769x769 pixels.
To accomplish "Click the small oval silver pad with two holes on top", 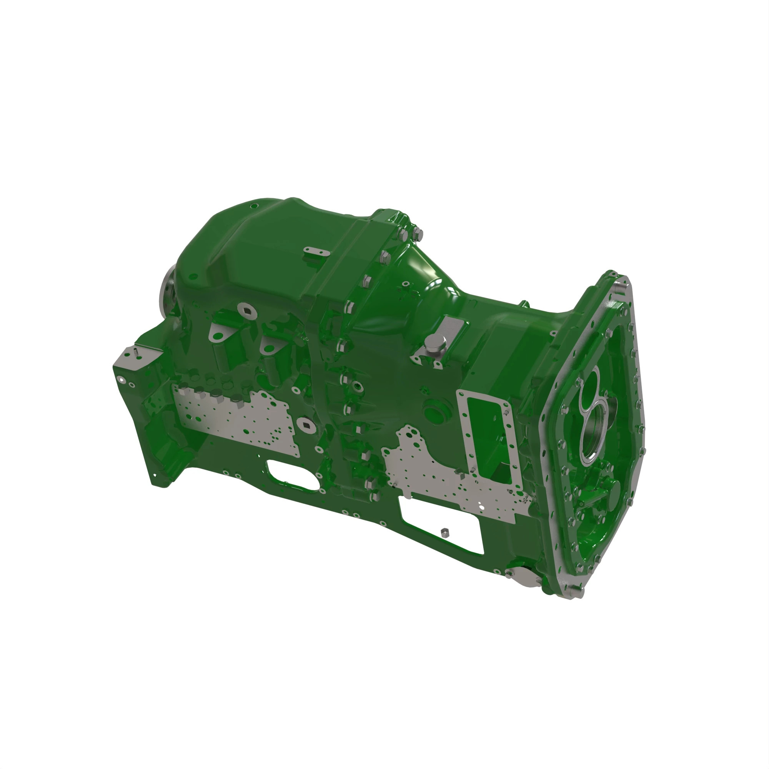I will pos(316,251).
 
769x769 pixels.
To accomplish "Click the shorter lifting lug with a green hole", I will pos(268,348).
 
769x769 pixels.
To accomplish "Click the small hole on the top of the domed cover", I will pos(253,206).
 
